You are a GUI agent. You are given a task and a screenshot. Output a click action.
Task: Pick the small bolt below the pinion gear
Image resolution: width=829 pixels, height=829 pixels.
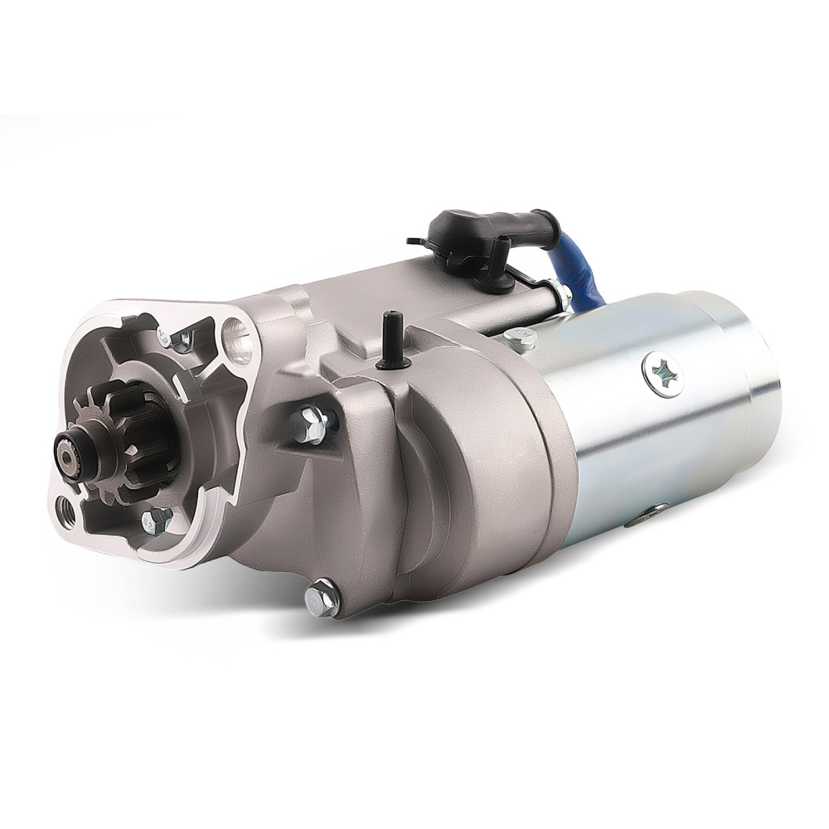[157, 521]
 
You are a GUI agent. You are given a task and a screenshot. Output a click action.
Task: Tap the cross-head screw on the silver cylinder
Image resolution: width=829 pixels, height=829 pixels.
[662, 376]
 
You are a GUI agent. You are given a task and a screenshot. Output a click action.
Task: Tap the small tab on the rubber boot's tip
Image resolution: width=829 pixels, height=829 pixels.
[414, 240]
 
